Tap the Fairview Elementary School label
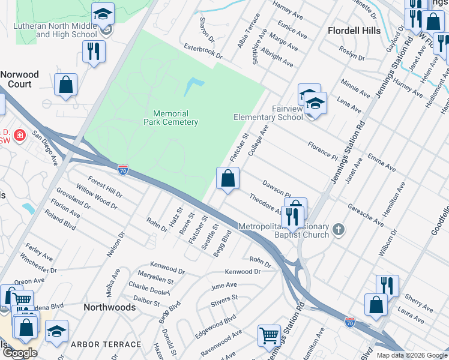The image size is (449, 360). coord(268,113)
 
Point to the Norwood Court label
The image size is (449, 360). coord(20,79)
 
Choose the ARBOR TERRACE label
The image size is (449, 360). coord(106,344)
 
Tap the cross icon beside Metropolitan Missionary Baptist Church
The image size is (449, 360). coord(339,229)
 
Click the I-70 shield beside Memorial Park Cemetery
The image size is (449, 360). coord(122,170)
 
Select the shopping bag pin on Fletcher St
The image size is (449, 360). coord(228,178)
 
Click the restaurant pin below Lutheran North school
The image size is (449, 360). coord(94,50)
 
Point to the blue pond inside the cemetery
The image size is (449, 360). coord(193,86)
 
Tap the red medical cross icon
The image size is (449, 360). coord(20,135)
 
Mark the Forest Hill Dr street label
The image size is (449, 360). coord(104,187)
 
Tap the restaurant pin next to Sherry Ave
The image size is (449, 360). coord(387,286)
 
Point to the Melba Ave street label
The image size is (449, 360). coord(113,282)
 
